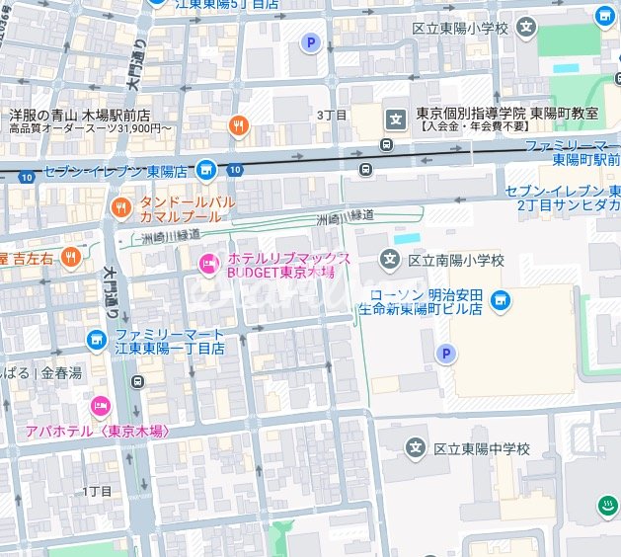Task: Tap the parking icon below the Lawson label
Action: point(446,354)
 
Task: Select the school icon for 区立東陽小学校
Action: point(530,27)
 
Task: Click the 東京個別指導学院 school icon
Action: point(396,120)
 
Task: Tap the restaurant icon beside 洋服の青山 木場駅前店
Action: point(237,124)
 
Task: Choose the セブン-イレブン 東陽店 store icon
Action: point(205,169)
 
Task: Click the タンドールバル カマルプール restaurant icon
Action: point(119,207)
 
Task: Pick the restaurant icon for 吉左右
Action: point(70,258)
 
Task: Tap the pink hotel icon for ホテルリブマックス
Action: point(208,262)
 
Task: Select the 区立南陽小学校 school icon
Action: point(391,261)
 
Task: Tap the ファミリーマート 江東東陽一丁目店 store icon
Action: point(96,341)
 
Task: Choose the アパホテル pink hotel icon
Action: point(100,406)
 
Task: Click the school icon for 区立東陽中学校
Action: point(417,449)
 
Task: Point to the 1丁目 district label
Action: point(97,491)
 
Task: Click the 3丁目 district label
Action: point(332,115)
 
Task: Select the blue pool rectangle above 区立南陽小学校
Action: point(406,239)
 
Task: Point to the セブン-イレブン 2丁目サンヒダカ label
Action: point(563,198)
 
